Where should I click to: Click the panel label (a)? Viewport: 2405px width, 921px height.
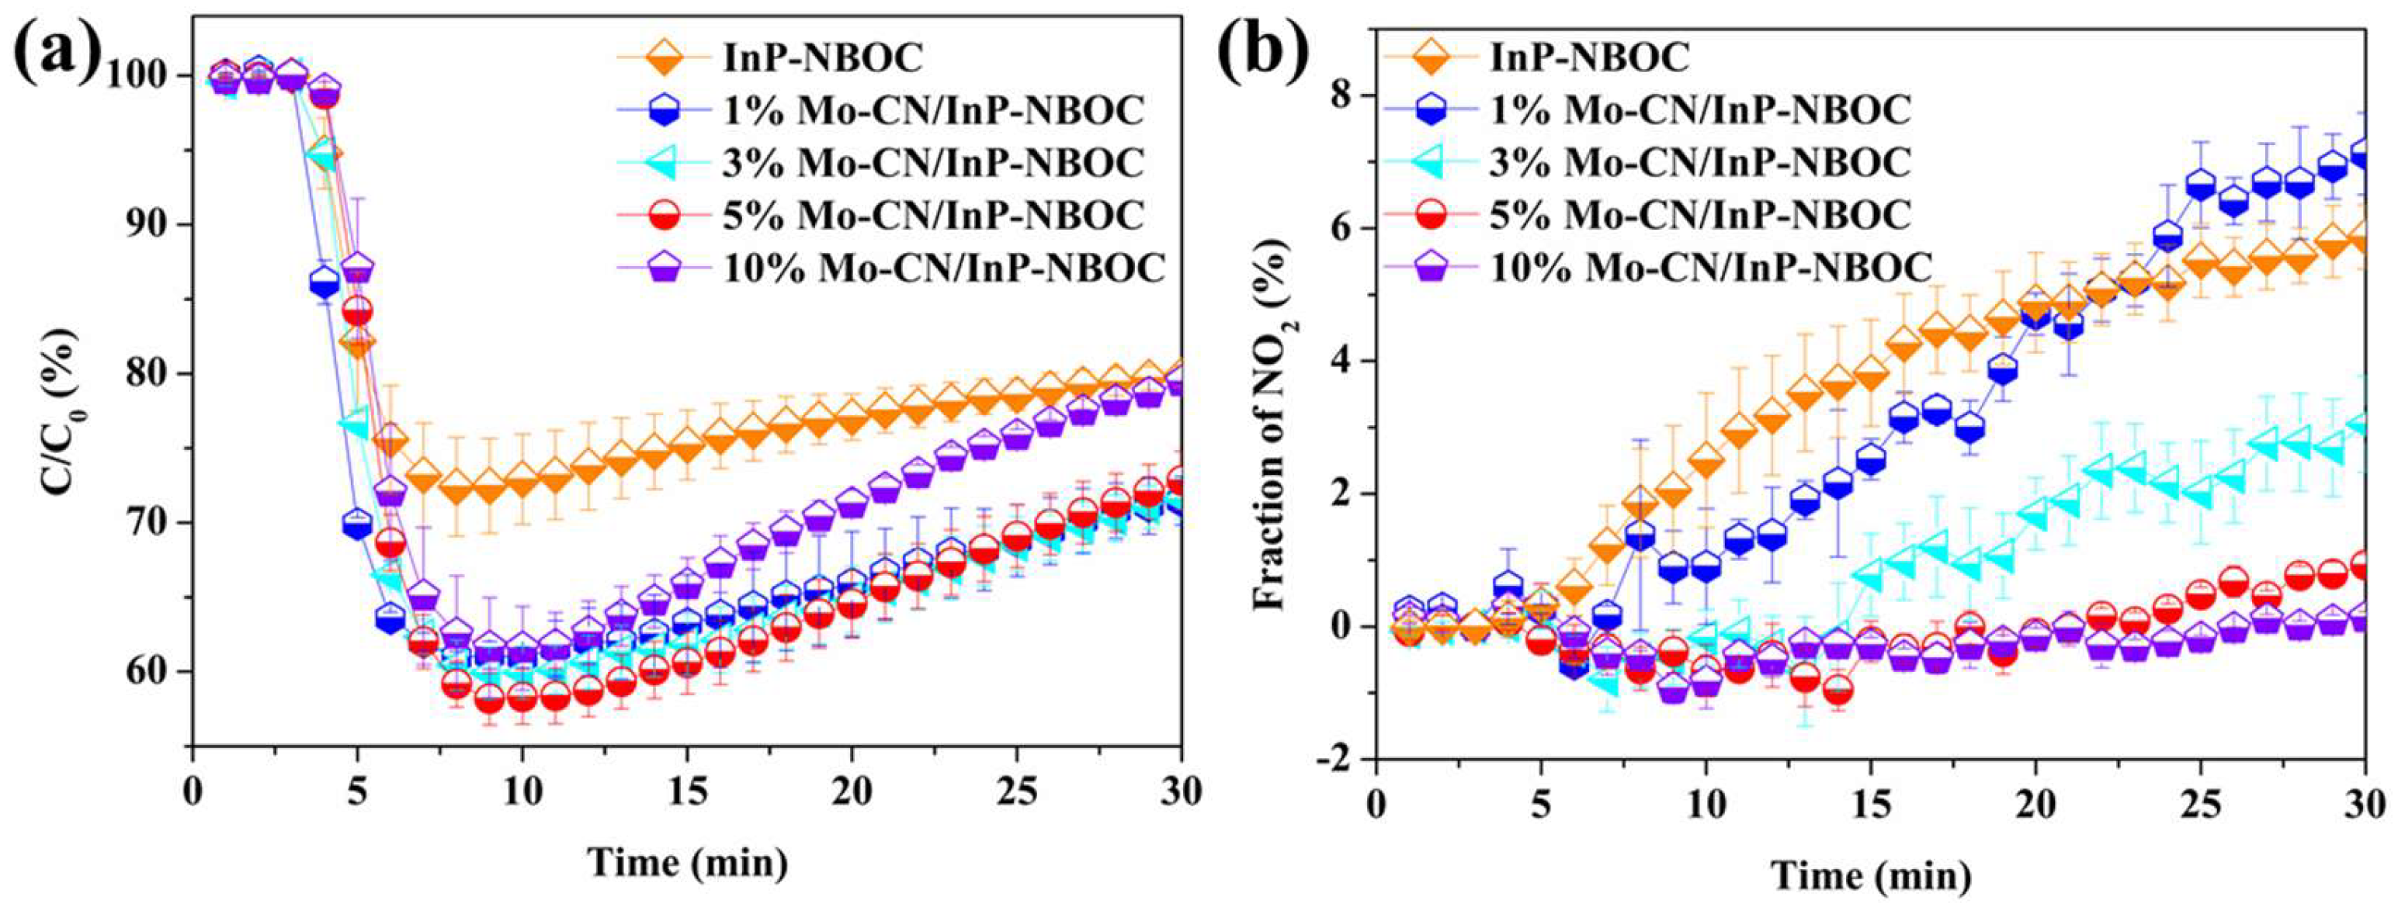tap(56, 54)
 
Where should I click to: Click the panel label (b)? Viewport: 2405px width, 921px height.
tap(1263, 54)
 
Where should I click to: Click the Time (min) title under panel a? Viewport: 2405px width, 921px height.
tap(687, 861)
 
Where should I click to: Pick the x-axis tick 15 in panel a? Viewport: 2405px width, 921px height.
tap(686, 791)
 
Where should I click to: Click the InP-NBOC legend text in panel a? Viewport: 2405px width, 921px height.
tap(823, 58)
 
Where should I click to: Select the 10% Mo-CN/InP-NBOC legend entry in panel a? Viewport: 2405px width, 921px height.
tap(945, 268)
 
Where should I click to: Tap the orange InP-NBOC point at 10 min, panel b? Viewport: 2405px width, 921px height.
tap(1706, 461)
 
